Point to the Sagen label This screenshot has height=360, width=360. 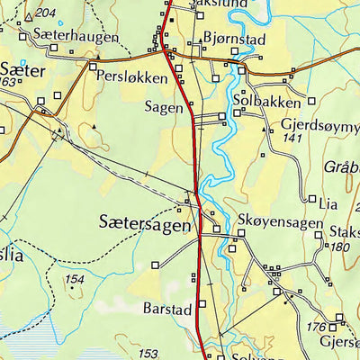tap(163, 106)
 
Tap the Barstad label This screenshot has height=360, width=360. tap(167, 309)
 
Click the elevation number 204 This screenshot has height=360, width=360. tap(44, 13)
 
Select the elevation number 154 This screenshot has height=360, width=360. tap(76, 280)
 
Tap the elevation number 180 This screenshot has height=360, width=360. tap(339, 247)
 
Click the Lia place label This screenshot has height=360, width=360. tap(331, 201)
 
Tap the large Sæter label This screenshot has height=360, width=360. tap(22, 68)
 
